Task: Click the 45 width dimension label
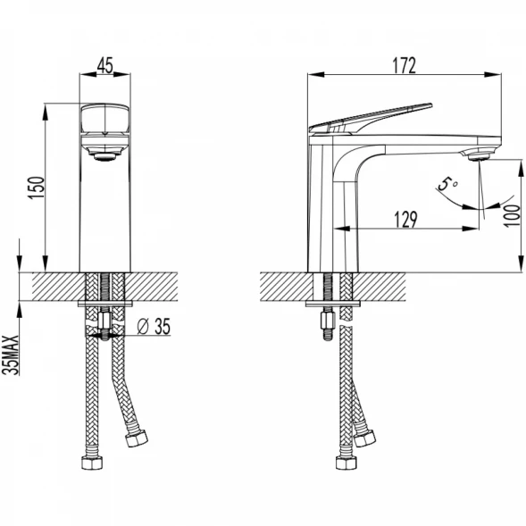pos(105,65)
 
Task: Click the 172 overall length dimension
pos(405,65)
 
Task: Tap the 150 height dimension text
pos(37,188)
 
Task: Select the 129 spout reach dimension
pos(405,220)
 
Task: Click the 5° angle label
pos(447,184)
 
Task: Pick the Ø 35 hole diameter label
pos(154,326)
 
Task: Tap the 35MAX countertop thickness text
pos(11,355)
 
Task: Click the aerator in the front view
pos(104,156)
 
